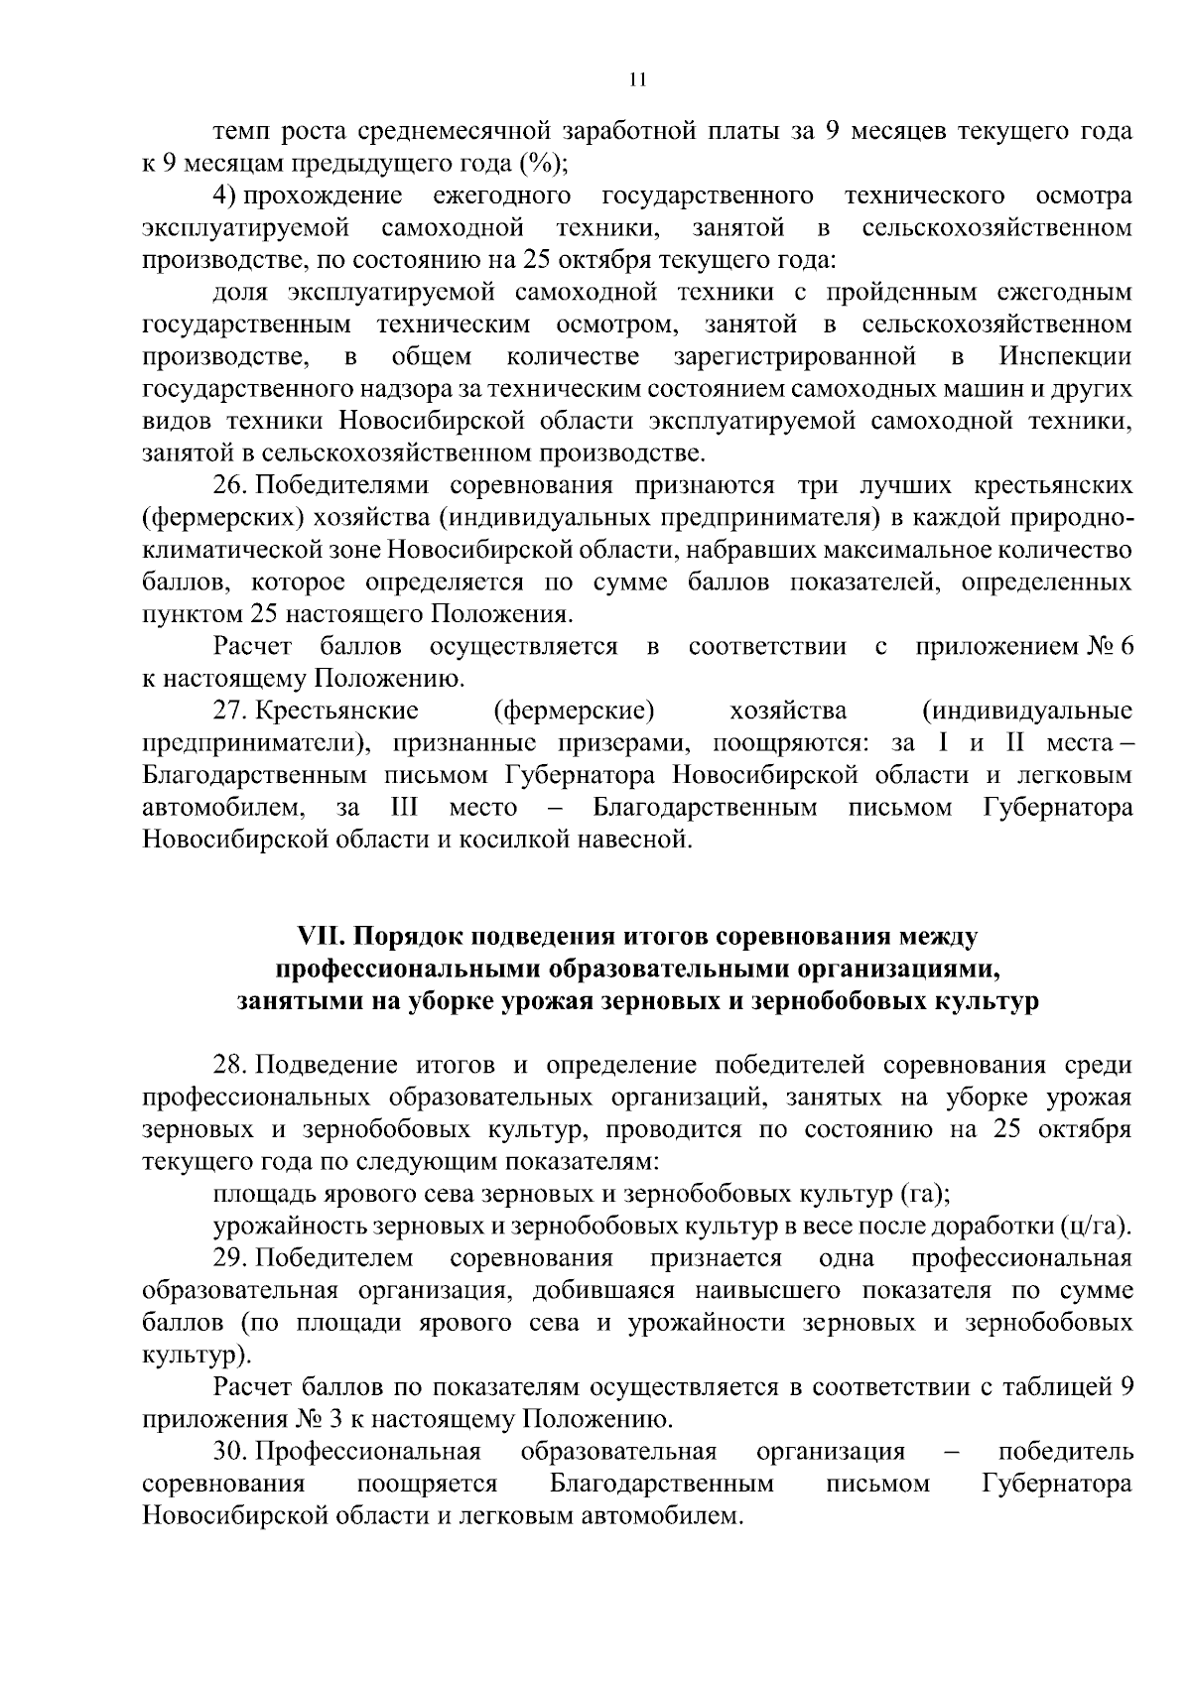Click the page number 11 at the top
638,80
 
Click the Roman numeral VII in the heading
320,937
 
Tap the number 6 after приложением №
1124,648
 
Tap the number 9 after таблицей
1125,1387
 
